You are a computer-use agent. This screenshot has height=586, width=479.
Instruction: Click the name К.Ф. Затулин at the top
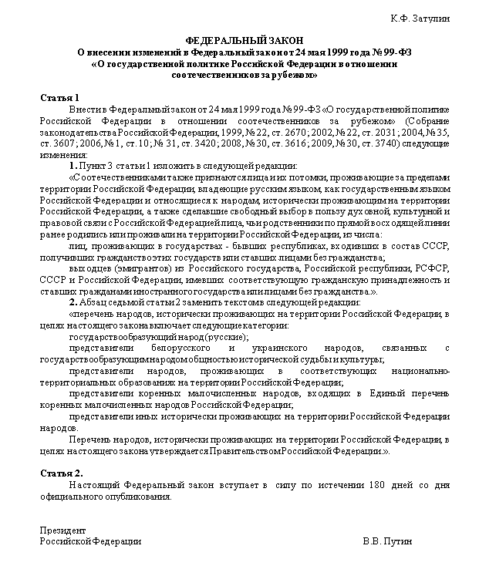pyautogui.click(x=420, y=18)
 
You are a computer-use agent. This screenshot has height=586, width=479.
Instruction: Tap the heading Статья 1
pyautogui.click(x=59, y=98)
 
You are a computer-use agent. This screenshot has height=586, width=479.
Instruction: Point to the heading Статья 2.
pyautogui.click(x=61, y=472)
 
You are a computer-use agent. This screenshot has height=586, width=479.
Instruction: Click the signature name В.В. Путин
pyautogui.click(x=387, y=541)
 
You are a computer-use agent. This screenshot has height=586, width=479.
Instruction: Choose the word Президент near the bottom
pyautogui.click(x=63, y=530)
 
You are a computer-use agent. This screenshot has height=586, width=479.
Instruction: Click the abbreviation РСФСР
pyautogui.click(x=427, y=267)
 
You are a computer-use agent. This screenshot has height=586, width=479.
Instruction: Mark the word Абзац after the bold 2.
pyautogui.click(x=93, y=301)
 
